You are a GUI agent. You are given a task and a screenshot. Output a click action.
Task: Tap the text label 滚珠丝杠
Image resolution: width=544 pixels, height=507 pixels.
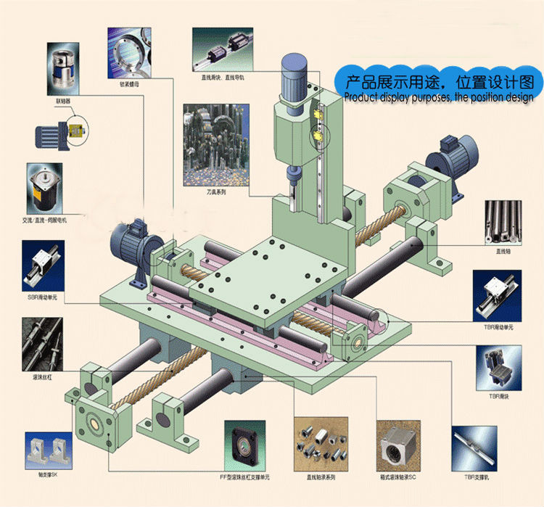click(41, 378)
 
